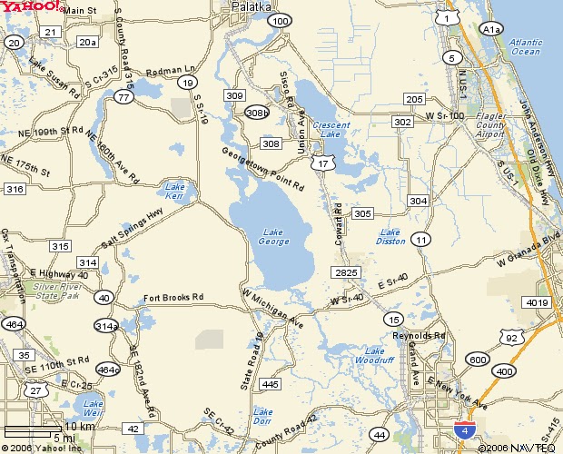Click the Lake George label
pyautogui.click(x=275, y=236)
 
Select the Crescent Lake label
pyautogui.click(x=326, y=130)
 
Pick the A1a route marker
pyautogui.click(x=491, y=30)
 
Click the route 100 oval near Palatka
pyautogui.click(x=280, y=20)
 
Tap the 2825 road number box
pyautogui.click(x=347, y=272)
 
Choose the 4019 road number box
pyautogui.click(x=537, y=302)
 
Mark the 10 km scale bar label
pyautogui.click(x=80, y=426)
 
